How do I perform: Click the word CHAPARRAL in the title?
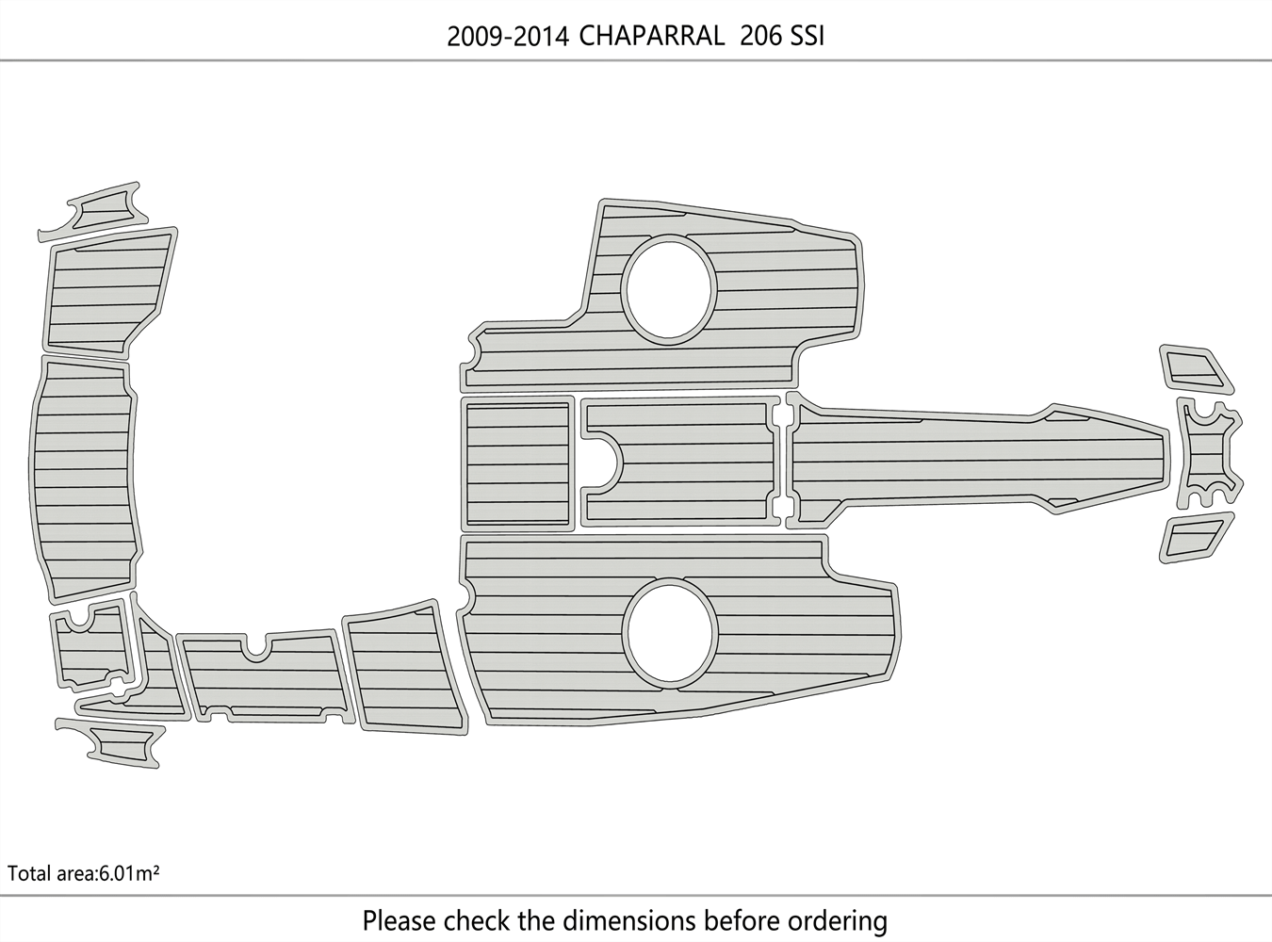tap(651, 36)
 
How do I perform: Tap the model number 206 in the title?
tap(760, 36)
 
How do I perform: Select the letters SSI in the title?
tap(807, 36)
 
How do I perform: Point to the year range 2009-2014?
tap(507, 36)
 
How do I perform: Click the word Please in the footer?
tap(399, 920)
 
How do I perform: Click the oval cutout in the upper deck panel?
tap(669, 287)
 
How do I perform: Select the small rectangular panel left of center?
tap(517, 463)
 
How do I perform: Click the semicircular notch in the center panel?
tap(605, 462)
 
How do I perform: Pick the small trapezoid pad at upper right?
tap(1194, 368)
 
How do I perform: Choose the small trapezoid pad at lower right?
tap(1195, 538)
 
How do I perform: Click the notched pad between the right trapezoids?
tap(1209, 448)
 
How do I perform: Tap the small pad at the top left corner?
tap(95, 209)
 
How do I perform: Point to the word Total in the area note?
tap(27, 873)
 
